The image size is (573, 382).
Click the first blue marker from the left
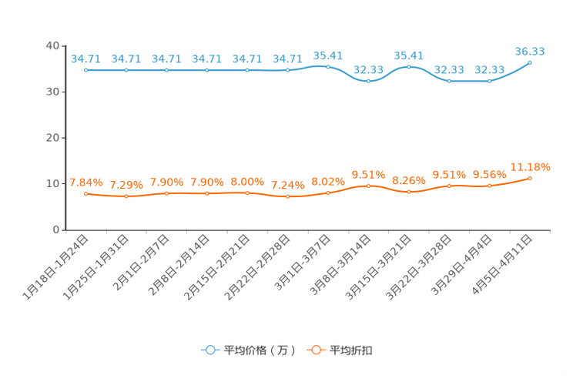coord(86,70)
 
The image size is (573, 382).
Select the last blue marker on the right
coord(530,62)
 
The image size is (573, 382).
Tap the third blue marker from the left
coord(166,70)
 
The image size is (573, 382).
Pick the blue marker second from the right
coord(489,80)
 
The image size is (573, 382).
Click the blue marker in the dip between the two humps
coord(368,80)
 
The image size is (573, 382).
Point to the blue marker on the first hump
coord(327,67)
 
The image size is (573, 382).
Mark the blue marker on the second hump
coord(408,67)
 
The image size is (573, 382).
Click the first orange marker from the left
coord(86,193)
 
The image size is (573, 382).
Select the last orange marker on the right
coord(530,178)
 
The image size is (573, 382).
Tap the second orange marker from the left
coord(126,197)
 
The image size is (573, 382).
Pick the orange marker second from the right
coord(489,186)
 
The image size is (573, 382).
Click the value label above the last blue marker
coord(530,51)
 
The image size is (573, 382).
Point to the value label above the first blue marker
coord(85,58)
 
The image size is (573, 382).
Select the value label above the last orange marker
coord(531,166)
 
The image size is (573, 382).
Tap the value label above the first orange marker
coord(85,182)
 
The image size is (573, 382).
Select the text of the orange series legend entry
coord(352,350)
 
